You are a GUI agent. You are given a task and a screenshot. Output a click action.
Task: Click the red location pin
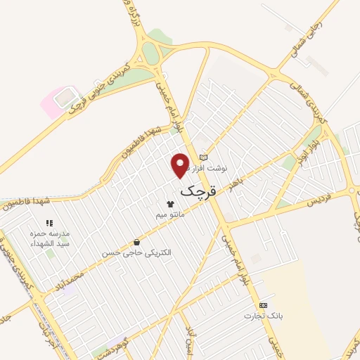click(x=181, y=165)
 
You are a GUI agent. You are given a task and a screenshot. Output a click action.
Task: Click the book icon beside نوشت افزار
click(x=204, y=157)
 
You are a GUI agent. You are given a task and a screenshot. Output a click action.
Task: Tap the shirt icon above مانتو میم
click(x=169, y=203)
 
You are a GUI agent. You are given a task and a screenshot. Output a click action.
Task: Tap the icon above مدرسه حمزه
click(x=49, y=223)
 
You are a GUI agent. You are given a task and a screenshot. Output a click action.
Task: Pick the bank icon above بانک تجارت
click(x=263, y=305)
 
